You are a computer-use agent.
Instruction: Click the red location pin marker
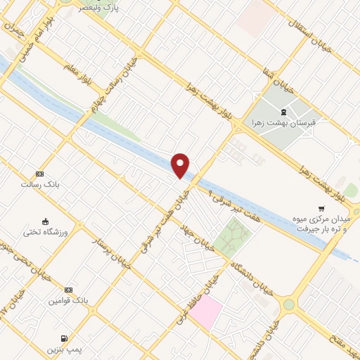coord(181,165)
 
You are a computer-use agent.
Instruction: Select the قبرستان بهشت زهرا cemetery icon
coord(283,112)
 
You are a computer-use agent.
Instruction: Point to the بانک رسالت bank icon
coord(39,174)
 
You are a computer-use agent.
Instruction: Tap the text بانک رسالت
coord(39,184)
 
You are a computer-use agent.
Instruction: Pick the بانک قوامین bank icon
coord(68,290)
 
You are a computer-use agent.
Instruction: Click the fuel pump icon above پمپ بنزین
coord(65,338)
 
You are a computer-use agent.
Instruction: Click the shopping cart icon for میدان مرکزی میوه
coord(321,209)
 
